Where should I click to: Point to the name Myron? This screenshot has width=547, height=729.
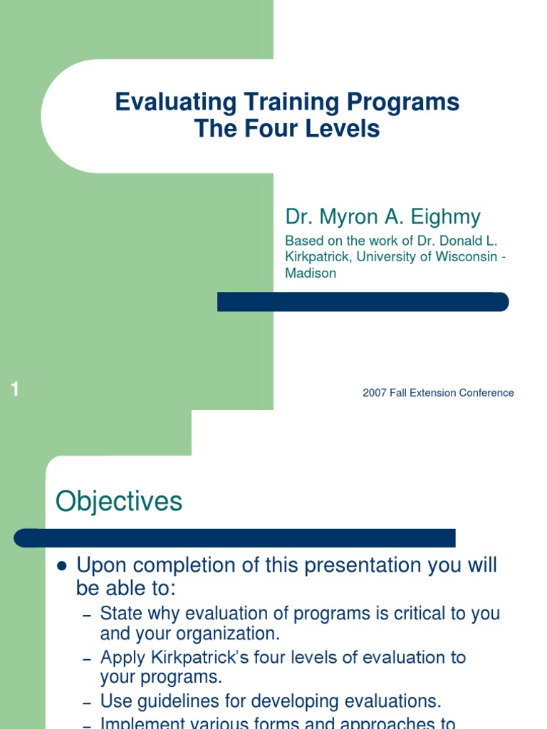coord(351,216)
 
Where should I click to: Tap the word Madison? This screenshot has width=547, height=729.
coord(311,273)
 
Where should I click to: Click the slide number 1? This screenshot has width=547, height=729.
coord(14,389)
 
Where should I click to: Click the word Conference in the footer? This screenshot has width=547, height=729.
coord(486,393)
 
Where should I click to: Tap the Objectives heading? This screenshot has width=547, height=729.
coord(119,502)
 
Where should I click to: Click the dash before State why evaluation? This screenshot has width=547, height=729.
coord(87,614)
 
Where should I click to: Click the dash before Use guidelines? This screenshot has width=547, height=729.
coord(87,703)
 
